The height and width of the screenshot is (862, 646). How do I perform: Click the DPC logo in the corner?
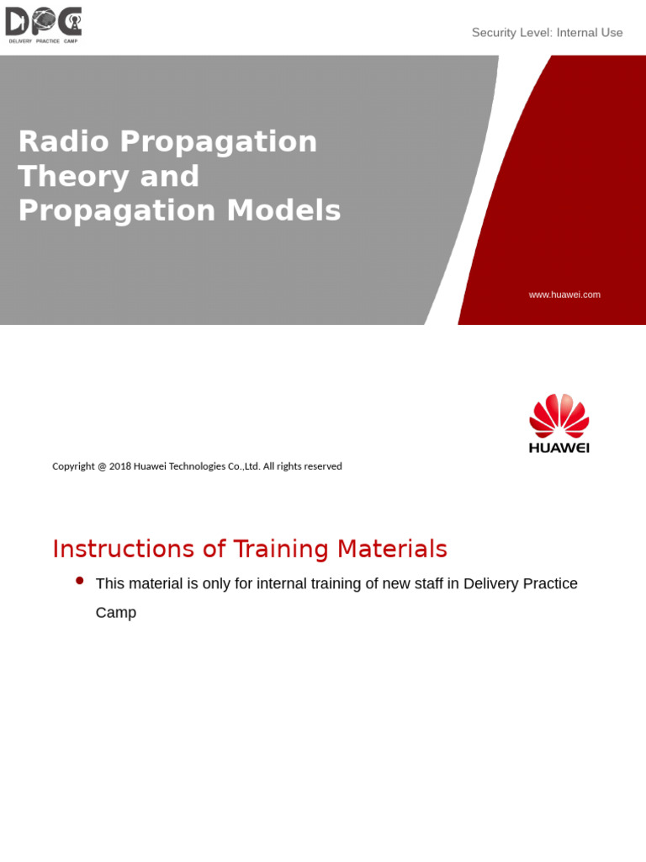click(x=44, y=24)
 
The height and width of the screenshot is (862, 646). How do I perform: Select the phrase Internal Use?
click(x=589, y=33)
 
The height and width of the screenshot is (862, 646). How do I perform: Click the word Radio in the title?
click(x=63, y=141)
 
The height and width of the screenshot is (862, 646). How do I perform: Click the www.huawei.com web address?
click(x=564, y=295)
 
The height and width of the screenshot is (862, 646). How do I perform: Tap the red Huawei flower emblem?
click(x=559, y=415)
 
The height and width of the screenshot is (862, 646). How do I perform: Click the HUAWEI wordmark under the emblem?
click(x=559, y=448)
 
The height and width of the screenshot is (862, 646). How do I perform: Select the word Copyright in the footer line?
click(x=73, y=466)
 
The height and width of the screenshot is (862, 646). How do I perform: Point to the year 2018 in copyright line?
click(x=119, y=466)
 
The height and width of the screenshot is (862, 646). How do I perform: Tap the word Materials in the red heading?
click(x=392, y=549)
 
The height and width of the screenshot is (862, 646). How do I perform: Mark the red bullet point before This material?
click(x=80, y=581)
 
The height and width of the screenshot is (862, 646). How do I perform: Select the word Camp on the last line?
click(x=116, y=613)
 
